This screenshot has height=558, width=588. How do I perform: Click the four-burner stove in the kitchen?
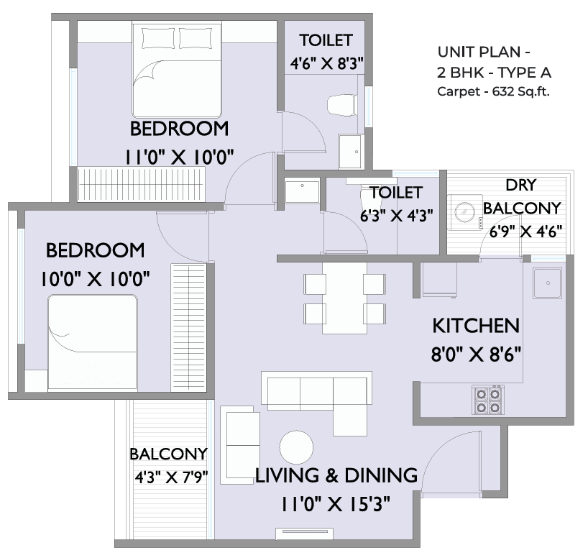[488, 400]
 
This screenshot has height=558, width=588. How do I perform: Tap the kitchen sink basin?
[548, 283]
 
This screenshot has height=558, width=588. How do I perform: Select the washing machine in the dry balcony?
[465, 212]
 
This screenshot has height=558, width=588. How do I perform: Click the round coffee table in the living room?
[296, 447]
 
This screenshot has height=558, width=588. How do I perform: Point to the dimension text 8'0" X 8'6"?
[476, 354]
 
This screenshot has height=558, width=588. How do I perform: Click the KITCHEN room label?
[476, 326]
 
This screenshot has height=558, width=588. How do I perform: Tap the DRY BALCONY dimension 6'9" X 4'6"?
[525, 232]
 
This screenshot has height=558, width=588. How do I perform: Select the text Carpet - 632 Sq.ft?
[493, 91]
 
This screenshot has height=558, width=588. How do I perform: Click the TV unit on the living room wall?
[304, 534]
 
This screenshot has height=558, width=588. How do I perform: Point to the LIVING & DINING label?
[336, 475]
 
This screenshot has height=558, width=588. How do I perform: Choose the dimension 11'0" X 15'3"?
[336, 504]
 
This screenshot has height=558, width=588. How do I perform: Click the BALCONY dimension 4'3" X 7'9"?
[171, 477]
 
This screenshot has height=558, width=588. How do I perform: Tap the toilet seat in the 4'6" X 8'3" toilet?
[341, 105]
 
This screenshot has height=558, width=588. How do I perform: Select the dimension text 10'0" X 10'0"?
[96, 279]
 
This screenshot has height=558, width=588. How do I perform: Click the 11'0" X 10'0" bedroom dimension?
[179, 157]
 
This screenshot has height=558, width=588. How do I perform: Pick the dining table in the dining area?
[344, 298]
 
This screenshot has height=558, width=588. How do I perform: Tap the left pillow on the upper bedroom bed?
[158, 38]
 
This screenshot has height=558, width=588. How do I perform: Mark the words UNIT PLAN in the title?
[479, 52]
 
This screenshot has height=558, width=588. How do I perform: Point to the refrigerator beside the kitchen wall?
[439, 280]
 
